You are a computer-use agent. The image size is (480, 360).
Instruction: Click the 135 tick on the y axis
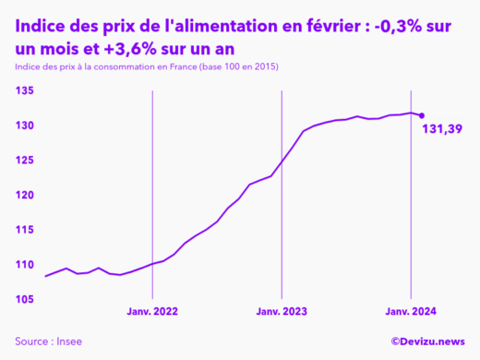click(25, 90)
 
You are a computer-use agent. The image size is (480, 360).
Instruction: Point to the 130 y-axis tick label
click(25, 126)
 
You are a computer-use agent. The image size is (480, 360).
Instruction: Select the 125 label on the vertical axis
click(25, 161)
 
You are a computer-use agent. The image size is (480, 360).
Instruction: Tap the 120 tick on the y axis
click(25, 196)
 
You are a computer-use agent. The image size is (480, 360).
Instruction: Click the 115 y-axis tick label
click(25, 230)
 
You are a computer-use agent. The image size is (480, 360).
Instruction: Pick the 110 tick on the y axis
click(25, 265)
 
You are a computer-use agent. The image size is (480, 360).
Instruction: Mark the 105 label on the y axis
click(25, 300)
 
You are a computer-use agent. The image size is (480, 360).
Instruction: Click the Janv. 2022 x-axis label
click(152, 312)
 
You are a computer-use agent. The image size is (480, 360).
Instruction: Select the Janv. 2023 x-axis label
click(282, 312)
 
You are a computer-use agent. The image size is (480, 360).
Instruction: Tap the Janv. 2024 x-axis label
click(411, 312)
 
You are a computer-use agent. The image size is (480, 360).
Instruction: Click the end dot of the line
click(422, 115)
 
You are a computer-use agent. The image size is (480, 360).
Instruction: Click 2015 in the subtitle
click(262, 67)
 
